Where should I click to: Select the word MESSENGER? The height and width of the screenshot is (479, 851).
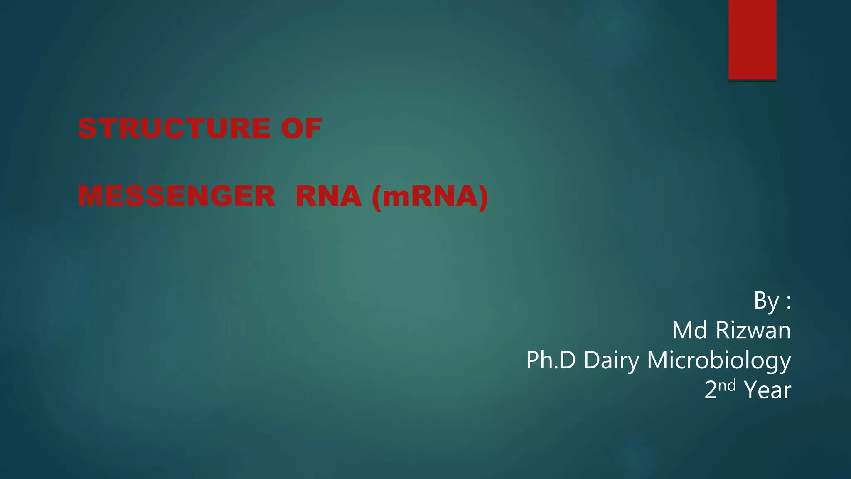coord(177,196)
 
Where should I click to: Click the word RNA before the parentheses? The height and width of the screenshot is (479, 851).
coord(328,196)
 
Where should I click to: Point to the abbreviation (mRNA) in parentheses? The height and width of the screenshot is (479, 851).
coord(430,197)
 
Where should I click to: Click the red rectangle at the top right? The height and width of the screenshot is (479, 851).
coord(752,40)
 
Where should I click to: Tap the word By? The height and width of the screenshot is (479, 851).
coord(766,301)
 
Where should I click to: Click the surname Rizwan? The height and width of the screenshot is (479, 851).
coord(753,331)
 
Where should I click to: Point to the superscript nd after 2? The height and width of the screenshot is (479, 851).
coord(727,385)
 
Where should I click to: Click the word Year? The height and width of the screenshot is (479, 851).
coord(767,390)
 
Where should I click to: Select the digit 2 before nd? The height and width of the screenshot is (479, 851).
coord(711,390)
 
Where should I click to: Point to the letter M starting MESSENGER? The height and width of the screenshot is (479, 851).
coord(90,196)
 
